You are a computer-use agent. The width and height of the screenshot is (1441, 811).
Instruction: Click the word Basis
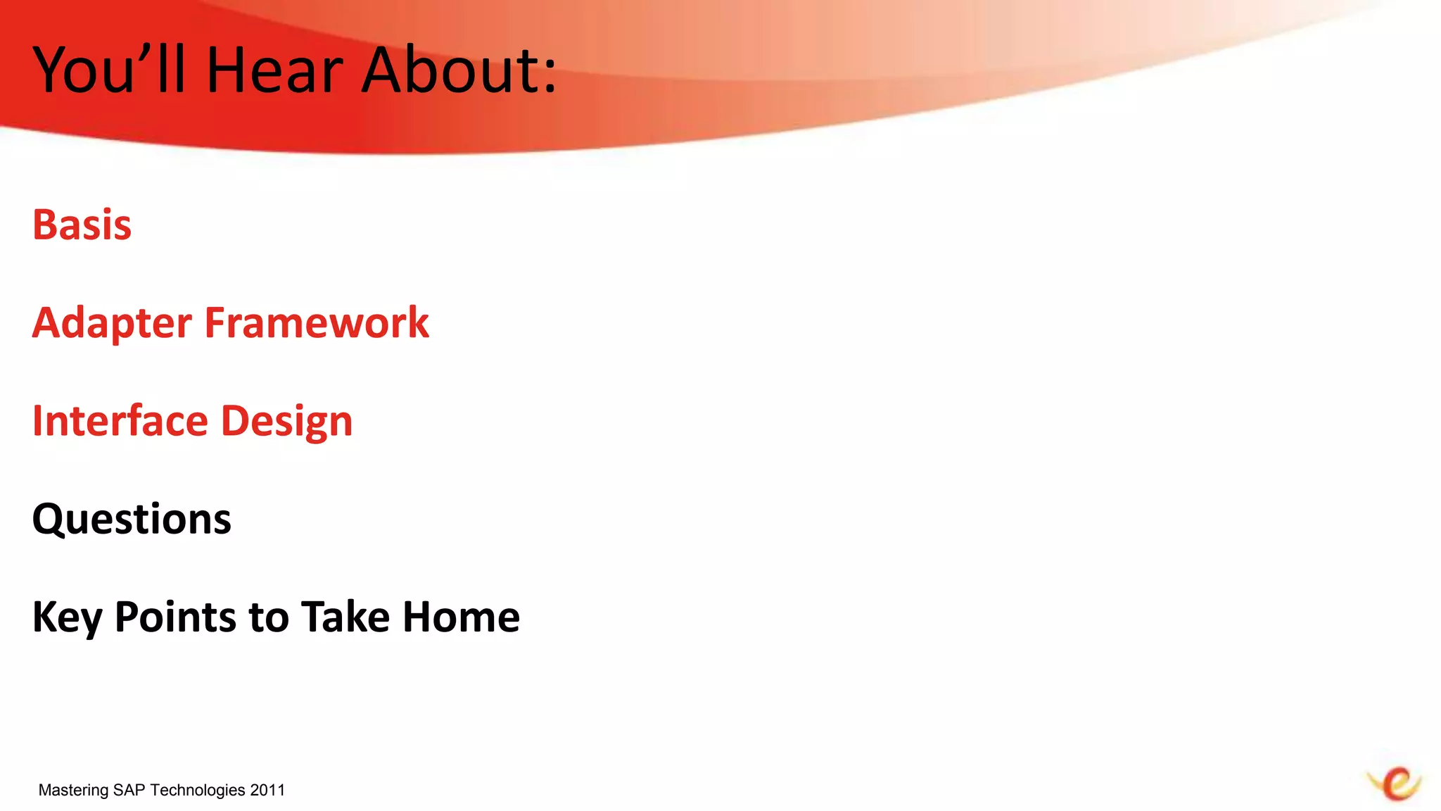pyautogui.click(x=82, y=225)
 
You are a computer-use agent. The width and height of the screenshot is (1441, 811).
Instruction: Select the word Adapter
pyautogui.click(x=111, y=324)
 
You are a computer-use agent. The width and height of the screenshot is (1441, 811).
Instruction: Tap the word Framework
pyautogui.click(x=317, y=323)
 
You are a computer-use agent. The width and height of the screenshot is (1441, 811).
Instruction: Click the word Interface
pyautogui.click(x=120, y=421)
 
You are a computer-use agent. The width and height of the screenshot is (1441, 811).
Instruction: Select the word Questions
pyautogui.click(x=132, y=520)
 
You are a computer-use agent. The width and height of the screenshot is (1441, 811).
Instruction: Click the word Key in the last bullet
pyautogui.click(x=66, y=618)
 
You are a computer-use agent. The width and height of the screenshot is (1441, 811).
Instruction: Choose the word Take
pyautogui.click(x=345, y=617)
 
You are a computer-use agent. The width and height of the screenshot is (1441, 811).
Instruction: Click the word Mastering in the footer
pyautogui.click(x=73, y=790)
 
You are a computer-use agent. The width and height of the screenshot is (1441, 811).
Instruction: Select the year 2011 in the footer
pyautogui.click(x=267, y=790)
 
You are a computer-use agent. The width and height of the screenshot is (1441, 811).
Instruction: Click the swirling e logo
pyautogui.click(x=1395, y=784)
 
